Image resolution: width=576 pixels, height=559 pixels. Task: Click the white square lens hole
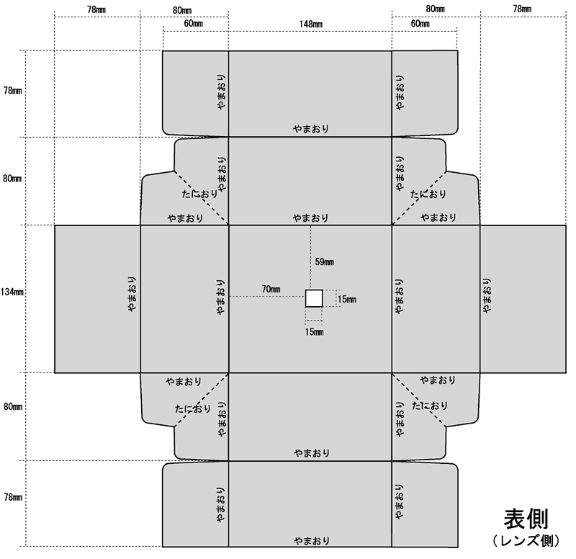click(x=314, y=298)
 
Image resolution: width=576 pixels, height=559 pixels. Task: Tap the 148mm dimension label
click(x=311, y=24)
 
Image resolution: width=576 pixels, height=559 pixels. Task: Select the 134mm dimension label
click(x=12, y=292)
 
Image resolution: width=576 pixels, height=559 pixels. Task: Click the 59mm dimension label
click(x=325, y=262)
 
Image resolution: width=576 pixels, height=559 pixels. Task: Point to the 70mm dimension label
click(x=271, y=290)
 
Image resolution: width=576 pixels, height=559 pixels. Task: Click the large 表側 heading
click(x=526, y=519)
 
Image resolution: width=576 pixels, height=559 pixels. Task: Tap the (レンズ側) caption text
click(x=526, y=540)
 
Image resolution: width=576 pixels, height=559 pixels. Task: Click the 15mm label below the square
click(x=315, y=332)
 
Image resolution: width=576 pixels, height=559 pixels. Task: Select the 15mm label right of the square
click(x=347, y=299)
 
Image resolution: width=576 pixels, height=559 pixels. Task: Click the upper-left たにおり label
click(x=199, y=194)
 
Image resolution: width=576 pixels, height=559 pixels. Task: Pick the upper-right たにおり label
click(x=428, y=194)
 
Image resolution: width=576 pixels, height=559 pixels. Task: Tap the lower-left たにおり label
click(x=193, y=408)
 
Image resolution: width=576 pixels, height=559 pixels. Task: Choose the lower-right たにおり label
click(x=430, y=406)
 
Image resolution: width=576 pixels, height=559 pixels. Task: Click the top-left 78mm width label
click(x=96, y=9)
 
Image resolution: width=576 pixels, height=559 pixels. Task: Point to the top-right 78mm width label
click(x=522, y=9)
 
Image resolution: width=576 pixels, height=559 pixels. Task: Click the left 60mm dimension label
click(x=193, y=24)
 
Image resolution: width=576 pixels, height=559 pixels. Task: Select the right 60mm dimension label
click(x=420, y=24)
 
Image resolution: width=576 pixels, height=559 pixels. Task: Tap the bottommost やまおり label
click(x=312, y=541)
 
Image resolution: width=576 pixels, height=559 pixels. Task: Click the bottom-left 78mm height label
click(x=13, y=497)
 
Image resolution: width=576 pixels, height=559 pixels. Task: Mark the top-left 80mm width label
click(x=182, y=10)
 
